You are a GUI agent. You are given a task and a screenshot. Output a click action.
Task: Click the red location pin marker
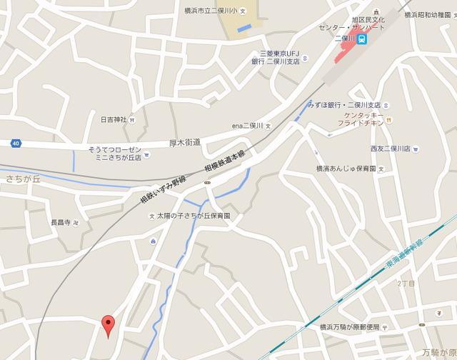[108, 325]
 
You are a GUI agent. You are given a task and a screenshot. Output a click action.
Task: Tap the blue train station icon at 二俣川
[363, 38]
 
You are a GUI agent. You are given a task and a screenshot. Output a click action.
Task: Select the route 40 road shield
[15, 144]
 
